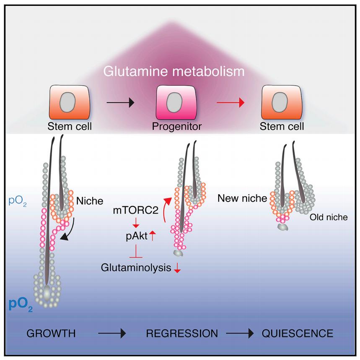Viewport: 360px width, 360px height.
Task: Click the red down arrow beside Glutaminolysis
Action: [177, 269]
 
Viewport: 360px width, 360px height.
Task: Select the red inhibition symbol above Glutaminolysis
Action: [135, 254]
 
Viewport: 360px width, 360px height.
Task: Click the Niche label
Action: [89, 201]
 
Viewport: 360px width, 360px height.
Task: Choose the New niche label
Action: [242, 198]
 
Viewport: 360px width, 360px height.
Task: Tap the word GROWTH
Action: [51, 334]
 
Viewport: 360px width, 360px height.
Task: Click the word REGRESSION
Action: [182, 334]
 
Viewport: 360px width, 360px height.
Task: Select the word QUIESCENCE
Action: [298, 334]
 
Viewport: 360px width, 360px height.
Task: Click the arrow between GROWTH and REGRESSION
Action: [112, 334]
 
